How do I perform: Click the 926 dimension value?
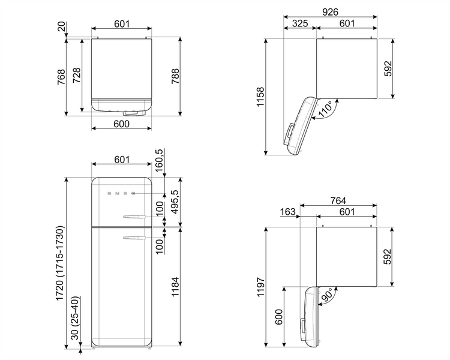click(x=330, y=12)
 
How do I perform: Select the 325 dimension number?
click(x=300, y=23)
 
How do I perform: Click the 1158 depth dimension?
click(x=260, y=97)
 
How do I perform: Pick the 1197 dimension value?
click(x=260, y=287)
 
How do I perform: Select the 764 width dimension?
click(x=338, y=200)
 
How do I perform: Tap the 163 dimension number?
click(x=287, y=212)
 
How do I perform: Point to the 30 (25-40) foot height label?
click(x=74, y=318)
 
